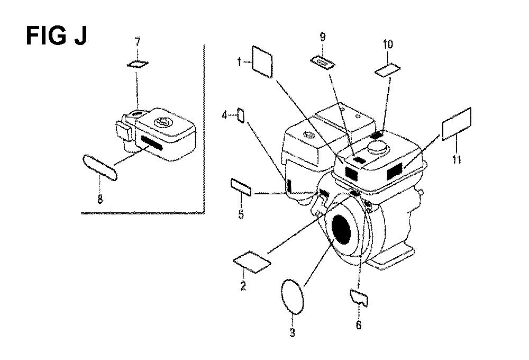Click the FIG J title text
[x=57, y=37]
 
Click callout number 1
[x=240, y=62]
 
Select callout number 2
[x=243, y=286]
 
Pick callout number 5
[x=241, y=215]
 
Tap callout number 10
[x=388, y=44]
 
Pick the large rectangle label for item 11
[x=456, y=123]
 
